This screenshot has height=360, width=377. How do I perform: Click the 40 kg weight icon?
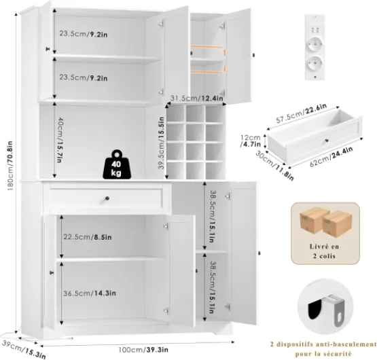117,164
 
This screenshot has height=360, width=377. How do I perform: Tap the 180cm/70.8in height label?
10,166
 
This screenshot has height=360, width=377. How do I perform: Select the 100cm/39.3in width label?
143,350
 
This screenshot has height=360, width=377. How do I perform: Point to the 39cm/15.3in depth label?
23,348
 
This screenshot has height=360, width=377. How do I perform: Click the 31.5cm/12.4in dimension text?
197,98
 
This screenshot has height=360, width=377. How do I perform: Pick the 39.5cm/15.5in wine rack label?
162,143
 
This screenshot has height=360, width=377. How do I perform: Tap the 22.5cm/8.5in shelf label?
88,237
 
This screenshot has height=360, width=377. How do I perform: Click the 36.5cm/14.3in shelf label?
90,293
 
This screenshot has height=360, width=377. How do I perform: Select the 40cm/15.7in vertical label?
60,140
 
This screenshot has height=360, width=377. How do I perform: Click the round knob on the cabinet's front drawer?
107,198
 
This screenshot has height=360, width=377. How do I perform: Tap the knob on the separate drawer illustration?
327,141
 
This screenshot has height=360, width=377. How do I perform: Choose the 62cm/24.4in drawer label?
331,156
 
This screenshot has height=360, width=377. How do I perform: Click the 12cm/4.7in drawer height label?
251,141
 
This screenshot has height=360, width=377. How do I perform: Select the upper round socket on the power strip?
315,46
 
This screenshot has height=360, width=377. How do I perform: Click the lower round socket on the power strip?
315,65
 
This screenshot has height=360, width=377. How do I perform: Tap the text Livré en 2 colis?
324,251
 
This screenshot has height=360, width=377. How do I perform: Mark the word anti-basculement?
346,344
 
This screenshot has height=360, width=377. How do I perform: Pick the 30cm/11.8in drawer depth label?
274,165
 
